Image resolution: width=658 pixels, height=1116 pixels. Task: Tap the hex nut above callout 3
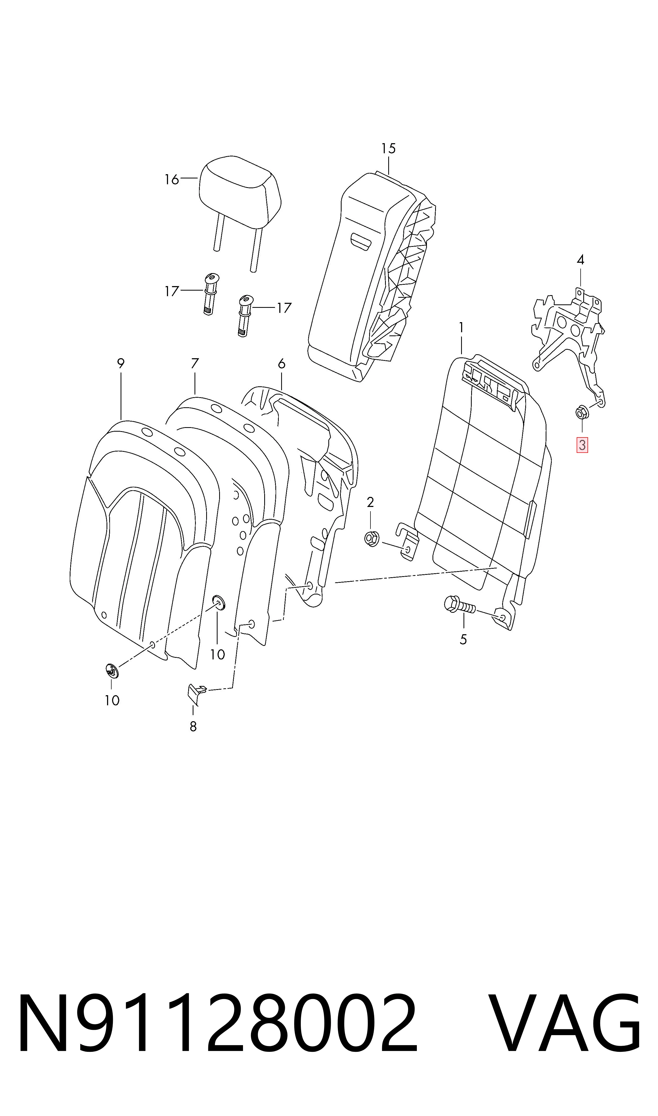(x=581, y=413)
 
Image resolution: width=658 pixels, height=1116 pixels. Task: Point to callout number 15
(x=388, y=148)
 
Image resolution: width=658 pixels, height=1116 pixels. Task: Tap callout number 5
(x=463, y=639)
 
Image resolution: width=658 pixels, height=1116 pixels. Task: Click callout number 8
(x=193, y=727)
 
